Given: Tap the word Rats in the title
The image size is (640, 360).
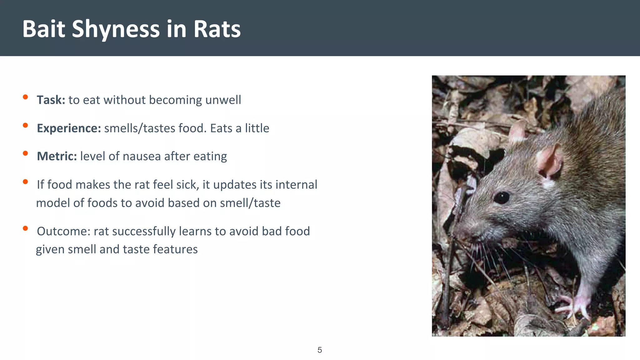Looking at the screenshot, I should pos(217,29).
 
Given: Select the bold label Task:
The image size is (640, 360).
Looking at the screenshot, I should pos(51,100).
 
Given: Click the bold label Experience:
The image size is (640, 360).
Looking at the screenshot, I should pos(69,128).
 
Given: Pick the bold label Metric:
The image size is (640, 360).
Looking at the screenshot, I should pos(57,156).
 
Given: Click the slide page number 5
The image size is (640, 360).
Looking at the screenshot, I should pos(320,350).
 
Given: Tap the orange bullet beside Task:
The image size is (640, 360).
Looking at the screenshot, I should pos(26,97).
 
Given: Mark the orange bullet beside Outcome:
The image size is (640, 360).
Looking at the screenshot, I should pos(26,228).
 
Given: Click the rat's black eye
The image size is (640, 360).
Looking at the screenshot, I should pos(502,197).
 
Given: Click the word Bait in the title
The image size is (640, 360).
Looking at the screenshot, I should pos(44,29).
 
